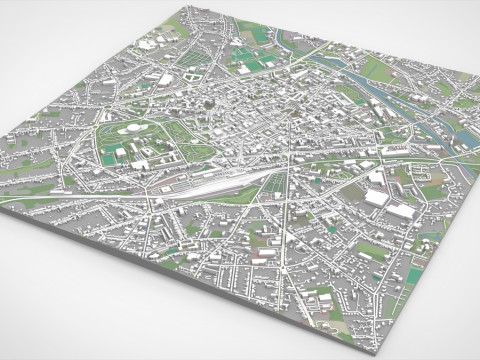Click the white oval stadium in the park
130,127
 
